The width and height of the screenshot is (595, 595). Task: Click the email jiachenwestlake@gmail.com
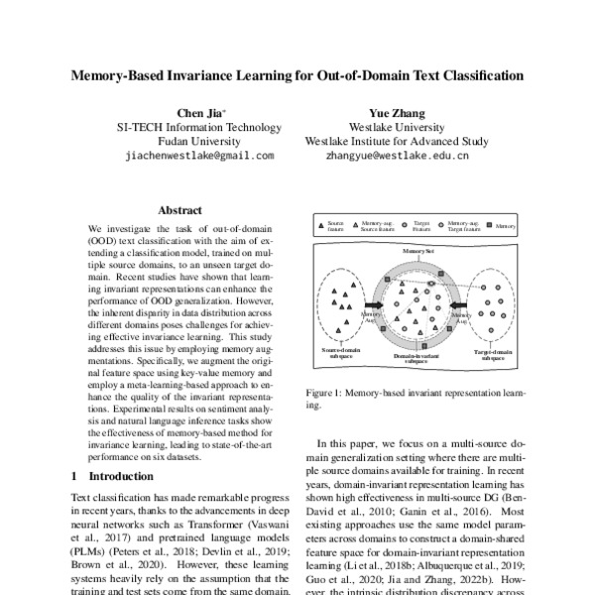(199, 156)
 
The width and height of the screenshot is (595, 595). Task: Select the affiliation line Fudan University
(199, 141)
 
